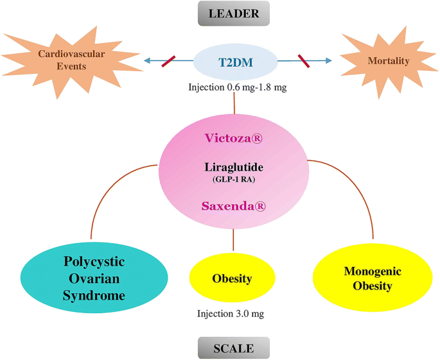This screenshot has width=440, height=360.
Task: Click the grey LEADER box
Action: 234,13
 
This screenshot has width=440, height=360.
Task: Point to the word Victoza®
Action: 234,138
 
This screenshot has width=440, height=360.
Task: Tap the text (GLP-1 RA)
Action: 234,180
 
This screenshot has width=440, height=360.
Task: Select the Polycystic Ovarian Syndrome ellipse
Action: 94,278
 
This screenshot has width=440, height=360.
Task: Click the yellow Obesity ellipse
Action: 233,279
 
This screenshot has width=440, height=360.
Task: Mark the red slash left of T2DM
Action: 168,61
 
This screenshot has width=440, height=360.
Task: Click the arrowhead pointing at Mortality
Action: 330,61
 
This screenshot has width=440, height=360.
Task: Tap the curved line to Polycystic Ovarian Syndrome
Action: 109,193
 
